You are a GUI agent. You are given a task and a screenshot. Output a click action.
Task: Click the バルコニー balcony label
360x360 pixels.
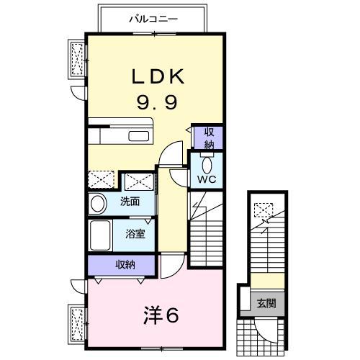coord(153,19)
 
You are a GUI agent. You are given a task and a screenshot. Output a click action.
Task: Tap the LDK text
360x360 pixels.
coord(158,76)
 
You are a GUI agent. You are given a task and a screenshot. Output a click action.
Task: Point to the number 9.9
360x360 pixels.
coord(157,102)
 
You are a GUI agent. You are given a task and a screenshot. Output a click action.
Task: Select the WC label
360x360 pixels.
coord(207,179)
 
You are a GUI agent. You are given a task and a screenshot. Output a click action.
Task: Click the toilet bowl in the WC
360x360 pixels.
coord(207,165)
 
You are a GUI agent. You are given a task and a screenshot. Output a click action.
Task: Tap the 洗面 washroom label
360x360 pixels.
coord(130,202)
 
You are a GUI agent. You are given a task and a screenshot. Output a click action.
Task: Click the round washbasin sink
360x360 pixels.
coord(98,204)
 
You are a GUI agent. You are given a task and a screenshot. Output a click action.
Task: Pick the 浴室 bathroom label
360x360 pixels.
coord(135,234)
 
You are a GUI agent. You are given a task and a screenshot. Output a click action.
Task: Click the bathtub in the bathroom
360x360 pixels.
coord(100,235)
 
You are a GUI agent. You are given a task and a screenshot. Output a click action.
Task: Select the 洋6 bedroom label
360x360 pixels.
coord(161,315)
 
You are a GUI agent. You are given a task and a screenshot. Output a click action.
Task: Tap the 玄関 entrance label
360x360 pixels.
coord(266,303)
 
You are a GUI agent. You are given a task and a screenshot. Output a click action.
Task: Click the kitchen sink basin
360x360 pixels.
coord(139,136)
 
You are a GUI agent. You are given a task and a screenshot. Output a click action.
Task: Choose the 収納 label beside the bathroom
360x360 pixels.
coord(125,265)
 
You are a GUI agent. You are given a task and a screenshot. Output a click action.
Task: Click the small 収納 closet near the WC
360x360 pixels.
coord(209,138)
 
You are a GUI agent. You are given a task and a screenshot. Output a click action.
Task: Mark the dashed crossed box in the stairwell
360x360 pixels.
coord(264,210)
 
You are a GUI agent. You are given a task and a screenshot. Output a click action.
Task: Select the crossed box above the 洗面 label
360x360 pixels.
coord(139,181)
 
